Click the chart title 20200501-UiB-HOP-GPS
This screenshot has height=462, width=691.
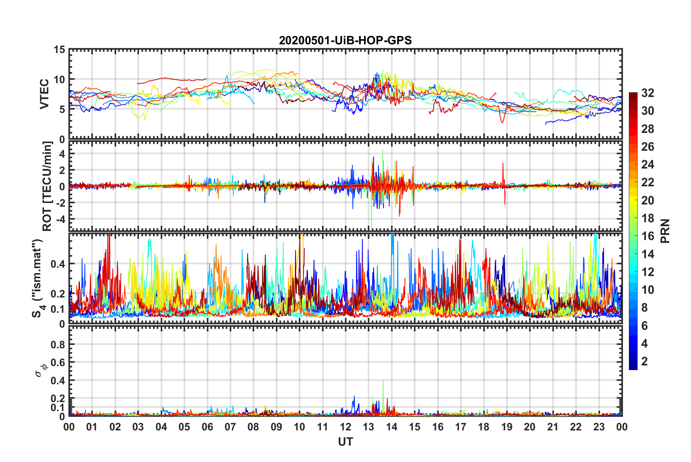tap(345, 40)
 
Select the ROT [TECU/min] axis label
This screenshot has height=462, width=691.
tap(47, 186)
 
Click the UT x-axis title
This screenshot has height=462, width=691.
tap(345, 442)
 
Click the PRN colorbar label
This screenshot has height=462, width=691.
tap(665, 231)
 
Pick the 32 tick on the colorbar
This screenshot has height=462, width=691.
tap(647, 93)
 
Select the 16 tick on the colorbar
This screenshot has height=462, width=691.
tap(647, 236)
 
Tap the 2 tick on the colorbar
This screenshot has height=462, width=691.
tap(644, 361)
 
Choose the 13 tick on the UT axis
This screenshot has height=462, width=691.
tap(368, 427)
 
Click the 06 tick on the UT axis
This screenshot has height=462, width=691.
tap(207, 427)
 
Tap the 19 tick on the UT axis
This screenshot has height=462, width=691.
tap(506, 427)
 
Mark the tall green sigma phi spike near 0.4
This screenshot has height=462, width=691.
tap(383, 381)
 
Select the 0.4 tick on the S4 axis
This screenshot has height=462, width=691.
tap(57, 264)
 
